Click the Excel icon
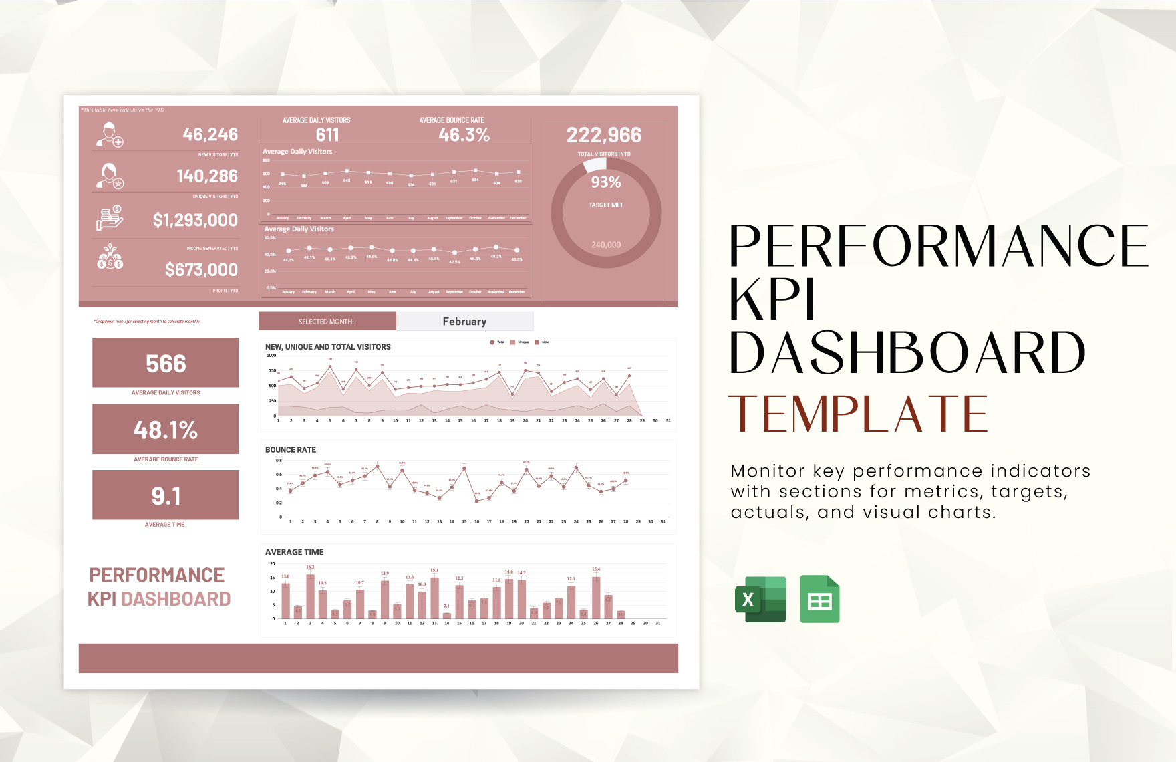(760, 599)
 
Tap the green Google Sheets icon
(819, 599)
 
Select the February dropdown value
(464, 322)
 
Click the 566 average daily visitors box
(166, 363)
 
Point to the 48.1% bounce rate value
(166, 430)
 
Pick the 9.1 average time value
(166, 496)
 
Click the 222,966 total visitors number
(604, 135)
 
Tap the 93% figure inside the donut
(606, 182)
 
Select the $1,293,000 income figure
(195, 220)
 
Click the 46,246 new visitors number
(210, 134)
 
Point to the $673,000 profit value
(201, 270)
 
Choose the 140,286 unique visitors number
(207, 176)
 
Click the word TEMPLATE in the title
(858, 414)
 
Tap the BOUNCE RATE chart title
(291, 450)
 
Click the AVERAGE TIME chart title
(295, 552)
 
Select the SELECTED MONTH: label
(326, 322)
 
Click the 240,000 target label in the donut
(606, 245)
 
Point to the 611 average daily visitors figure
(327, 135)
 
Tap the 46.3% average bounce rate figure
(464, 135)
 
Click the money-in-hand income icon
(110, 218)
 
